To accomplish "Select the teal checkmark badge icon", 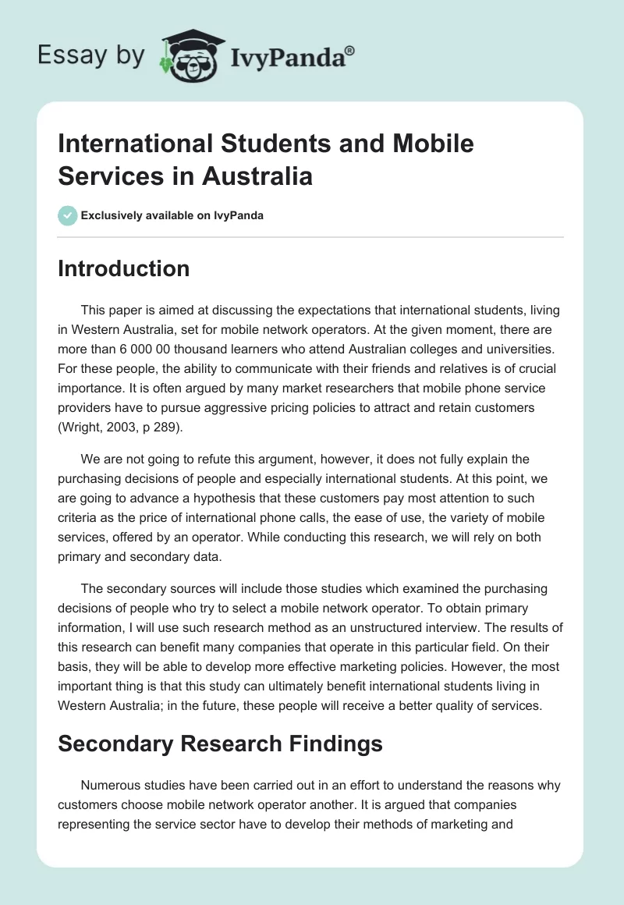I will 68,215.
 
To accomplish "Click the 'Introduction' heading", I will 123,268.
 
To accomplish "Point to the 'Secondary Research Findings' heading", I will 220,744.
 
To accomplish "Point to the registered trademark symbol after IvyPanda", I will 350,49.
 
